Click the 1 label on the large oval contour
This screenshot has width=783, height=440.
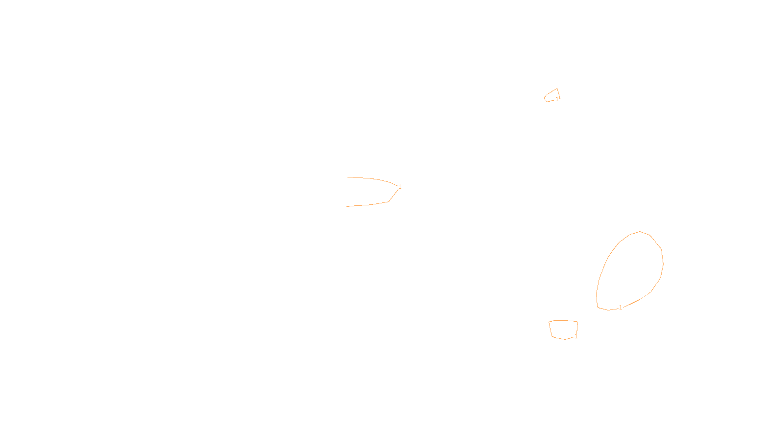tap(621, 308)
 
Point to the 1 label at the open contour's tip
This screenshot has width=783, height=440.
tap(400, 187)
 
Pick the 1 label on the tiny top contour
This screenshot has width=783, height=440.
tap(557, 99)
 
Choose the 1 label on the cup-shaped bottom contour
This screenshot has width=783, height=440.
tap(576, 337)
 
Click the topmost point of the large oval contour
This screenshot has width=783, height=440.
tap(640, 232)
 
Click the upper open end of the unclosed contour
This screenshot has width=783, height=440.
tap(348, 177)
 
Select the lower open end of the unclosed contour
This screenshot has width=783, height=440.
tap(347, 206)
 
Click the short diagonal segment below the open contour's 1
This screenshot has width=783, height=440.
tap(393, 196)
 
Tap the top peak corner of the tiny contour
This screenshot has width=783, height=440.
tap(557, 88)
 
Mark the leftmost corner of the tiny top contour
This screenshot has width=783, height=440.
tap(545, 98)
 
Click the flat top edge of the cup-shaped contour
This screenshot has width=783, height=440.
tap(563, 321)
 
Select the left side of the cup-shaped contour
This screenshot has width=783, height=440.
tap(551, 329)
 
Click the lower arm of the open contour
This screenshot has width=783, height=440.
tap(369, 205)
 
